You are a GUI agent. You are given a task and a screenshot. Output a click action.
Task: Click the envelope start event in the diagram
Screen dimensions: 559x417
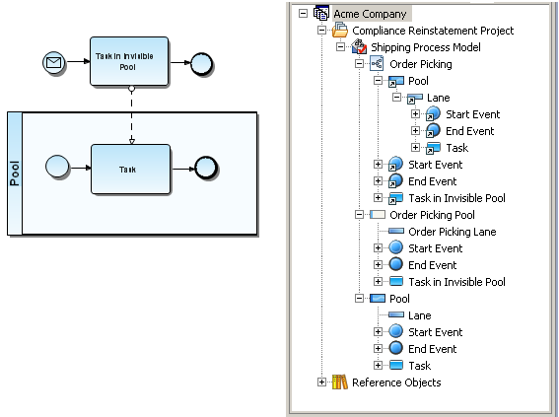click(x=54, y=63)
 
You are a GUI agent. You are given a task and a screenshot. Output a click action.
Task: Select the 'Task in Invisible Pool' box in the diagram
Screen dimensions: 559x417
click(x=129, y=61)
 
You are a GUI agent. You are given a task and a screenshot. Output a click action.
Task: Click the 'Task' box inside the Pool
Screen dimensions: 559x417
click(x=130, y=169)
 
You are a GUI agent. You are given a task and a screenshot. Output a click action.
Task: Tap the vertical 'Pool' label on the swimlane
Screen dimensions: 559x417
click(x=15, y=174)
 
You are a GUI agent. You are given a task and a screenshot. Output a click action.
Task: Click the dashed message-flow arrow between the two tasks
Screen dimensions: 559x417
click(x=131, y=114)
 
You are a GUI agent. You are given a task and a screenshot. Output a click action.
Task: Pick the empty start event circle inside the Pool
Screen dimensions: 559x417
click(x=57, y=166)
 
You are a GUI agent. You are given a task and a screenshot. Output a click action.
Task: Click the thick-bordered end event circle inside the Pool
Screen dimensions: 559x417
click(x=206, y=168)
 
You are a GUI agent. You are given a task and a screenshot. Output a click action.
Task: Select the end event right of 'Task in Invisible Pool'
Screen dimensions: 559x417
click(x=202, y=64)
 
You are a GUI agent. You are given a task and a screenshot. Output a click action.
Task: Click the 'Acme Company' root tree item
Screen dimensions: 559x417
click(x=370, y=14)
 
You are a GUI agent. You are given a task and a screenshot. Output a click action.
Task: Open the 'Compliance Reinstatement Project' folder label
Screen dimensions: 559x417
click(x=433, y=31)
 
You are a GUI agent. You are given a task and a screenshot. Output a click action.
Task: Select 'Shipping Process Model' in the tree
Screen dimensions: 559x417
click(x=426, y=47)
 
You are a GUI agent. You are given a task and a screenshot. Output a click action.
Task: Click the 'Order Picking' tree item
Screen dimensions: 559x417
click(x=421, y=64)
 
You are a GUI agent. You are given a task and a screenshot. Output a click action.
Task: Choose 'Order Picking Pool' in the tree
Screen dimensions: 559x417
click(x=432, y=215)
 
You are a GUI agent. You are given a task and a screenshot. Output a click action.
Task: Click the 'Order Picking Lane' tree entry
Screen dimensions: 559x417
click(x=453, y=232)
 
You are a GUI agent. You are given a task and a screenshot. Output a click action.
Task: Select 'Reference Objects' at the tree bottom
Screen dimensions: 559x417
click(x=396, y=382)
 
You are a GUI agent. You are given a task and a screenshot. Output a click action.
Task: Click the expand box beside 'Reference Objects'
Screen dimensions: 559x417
click(x=321, y=382)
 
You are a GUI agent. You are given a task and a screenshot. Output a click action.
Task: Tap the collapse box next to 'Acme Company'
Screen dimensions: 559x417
click(x=303, y=14)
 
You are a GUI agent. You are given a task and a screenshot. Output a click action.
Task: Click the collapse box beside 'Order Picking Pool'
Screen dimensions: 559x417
click(x=359, y=215)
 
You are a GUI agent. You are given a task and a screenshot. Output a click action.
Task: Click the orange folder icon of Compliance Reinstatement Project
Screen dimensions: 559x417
click(x=340, y=30)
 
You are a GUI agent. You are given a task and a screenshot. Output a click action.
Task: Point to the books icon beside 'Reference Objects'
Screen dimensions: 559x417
click(x=340, y=382)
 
